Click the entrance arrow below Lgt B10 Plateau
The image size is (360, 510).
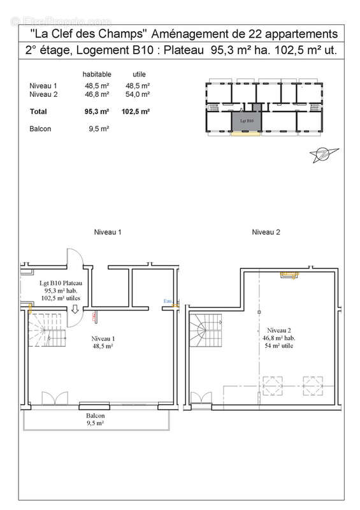(75, 310)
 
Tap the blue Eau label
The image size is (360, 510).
(168, 301)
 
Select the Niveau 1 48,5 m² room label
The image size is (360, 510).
(102, 342)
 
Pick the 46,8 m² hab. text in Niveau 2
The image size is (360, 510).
(279, 338)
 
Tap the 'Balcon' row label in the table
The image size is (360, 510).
(40, 129)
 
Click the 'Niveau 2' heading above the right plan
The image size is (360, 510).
(266, 232)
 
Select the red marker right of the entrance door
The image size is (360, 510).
(94, 316)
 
